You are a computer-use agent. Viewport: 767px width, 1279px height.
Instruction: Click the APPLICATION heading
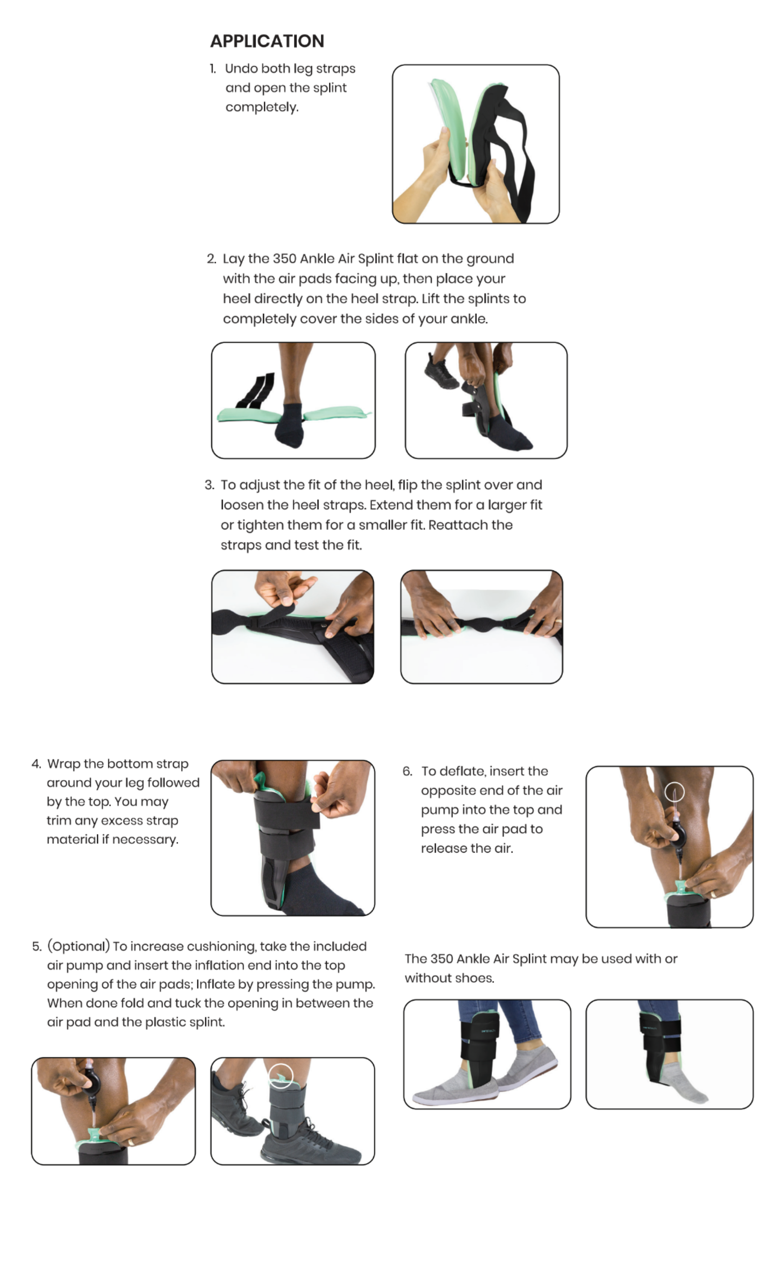267,41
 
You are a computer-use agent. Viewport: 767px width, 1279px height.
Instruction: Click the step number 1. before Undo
213,68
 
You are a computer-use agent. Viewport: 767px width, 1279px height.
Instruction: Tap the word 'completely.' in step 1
262,107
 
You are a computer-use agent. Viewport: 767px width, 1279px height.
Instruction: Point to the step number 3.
209,484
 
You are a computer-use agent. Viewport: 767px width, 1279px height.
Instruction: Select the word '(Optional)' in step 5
78,946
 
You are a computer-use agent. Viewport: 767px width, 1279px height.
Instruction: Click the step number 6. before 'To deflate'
407,771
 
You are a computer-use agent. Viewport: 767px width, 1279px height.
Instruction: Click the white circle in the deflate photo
674,792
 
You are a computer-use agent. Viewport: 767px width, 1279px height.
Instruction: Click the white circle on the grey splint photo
281,1075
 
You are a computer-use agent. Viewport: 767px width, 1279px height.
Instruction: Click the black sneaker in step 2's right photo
440,372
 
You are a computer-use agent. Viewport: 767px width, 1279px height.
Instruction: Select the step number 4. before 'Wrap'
36,764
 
